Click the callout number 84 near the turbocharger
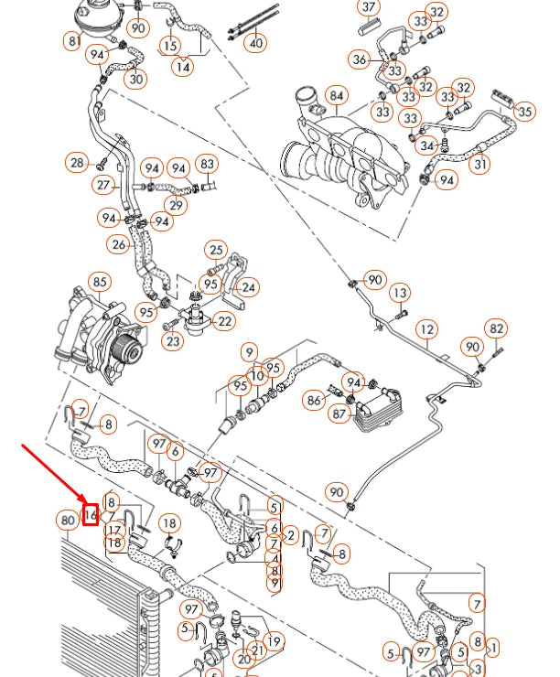tap(337, 95)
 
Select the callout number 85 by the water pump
tap(98, 283)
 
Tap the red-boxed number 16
tap(90, 515)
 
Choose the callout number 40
tap(256, 42)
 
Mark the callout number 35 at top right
tap(524, 112)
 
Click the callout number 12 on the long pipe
tap(426, 329)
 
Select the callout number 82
tap(496, 328)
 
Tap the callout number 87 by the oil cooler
tap(339, 414)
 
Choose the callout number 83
tap(208, 165)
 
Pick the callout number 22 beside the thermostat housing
tap(225, 321)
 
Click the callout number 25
tap(216, 249)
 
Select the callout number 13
tap(400, 293)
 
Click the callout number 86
tap(314, 400)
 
